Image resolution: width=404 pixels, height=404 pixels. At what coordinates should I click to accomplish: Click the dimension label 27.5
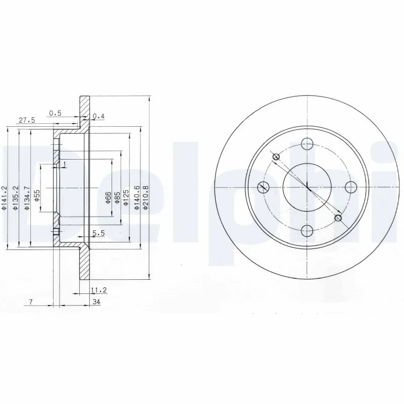tap(26, 121)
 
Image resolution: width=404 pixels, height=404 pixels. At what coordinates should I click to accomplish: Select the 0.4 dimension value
tap(99, 117)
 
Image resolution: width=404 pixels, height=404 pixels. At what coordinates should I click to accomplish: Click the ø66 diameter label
tap(108, 197)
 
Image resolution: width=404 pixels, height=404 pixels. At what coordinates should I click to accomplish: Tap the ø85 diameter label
tap(117, 197)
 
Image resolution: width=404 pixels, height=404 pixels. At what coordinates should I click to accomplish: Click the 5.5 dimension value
tap(98, 233)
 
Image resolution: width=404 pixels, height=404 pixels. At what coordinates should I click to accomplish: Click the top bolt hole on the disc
tap(307, 143)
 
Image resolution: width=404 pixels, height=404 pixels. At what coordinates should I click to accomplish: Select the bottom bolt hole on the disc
tap(307, 231)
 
